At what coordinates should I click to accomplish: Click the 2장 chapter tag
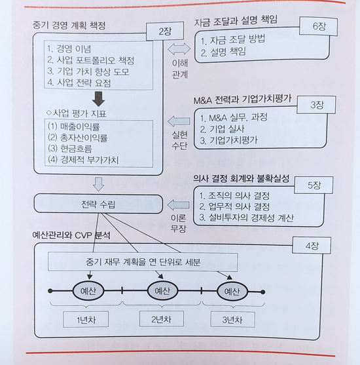pyautogui.click(x=165, y=31)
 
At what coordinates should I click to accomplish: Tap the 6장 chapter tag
pyautogui.click(x=318, y=26)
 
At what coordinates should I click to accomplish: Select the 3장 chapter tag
pyautogui.click(x=316, y=105)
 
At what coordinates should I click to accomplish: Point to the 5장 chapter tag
pyautogui.click(x=314, y=185)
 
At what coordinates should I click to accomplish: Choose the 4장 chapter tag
pyautogui.click(x=312, y=246)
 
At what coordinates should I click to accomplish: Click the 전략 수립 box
pyautogui.click(x=98, y=204)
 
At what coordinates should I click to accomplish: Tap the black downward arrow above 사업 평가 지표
pyautogui.click(x=99, y=99)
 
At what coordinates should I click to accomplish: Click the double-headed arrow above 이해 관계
pyautogui.click(x=179, y=49)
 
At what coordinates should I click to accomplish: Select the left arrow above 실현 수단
pyautogui.click(x=179, y=121)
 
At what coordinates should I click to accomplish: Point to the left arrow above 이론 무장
pyautogui.click(x=179, y=205)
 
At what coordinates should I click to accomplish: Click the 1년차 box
pyautogui.click(x=86, y=319)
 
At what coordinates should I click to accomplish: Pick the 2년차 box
pyautogui.click(x=162, y=319)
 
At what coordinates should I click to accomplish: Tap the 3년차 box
pyautogui.click(x=232, y=320)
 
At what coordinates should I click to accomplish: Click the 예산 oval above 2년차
pyautogui.click(x=162, y=291)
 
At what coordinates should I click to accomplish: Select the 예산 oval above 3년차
pyautogui.click(x=232, y=292)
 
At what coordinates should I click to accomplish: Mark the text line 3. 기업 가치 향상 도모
pyautogui.click(x=88, y=71)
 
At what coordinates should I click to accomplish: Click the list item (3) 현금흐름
pyautogui.click(x=70, y=148)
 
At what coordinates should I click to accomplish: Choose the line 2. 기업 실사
pyautogui.click(x=223, y=128)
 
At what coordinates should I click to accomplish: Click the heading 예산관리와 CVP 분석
pyautogui.click(x=71, y=235)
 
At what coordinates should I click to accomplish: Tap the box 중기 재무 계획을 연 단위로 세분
pyautogui.click(x=143, y=262)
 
